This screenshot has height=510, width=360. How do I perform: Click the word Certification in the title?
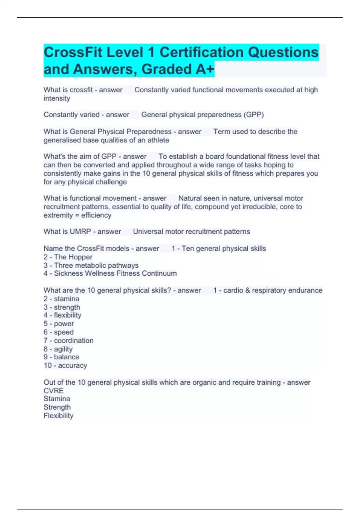[x=202, y=52]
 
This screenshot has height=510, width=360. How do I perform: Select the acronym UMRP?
[x=80, y=232]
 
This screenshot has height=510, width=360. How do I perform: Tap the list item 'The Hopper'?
[x=73, y=257]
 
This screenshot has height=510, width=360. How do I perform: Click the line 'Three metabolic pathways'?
[x=96, y=265]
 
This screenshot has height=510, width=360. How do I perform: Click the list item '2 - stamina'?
[x=61, y=299]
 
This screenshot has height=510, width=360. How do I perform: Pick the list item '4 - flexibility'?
[x=62, y=315]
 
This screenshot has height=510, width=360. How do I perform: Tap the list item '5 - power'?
[x=59, y=324]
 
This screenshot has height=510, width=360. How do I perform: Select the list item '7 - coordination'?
[x=68, y=340]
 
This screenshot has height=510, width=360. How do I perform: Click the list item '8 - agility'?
[x=58, y=349]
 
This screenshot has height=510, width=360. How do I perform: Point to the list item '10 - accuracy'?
[x=65, y=365]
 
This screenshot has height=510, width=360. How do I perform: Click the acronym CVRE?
[x=54, y=391]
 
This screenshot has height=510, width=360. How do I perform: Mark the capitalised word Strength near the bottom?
[x=57, y=407]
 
